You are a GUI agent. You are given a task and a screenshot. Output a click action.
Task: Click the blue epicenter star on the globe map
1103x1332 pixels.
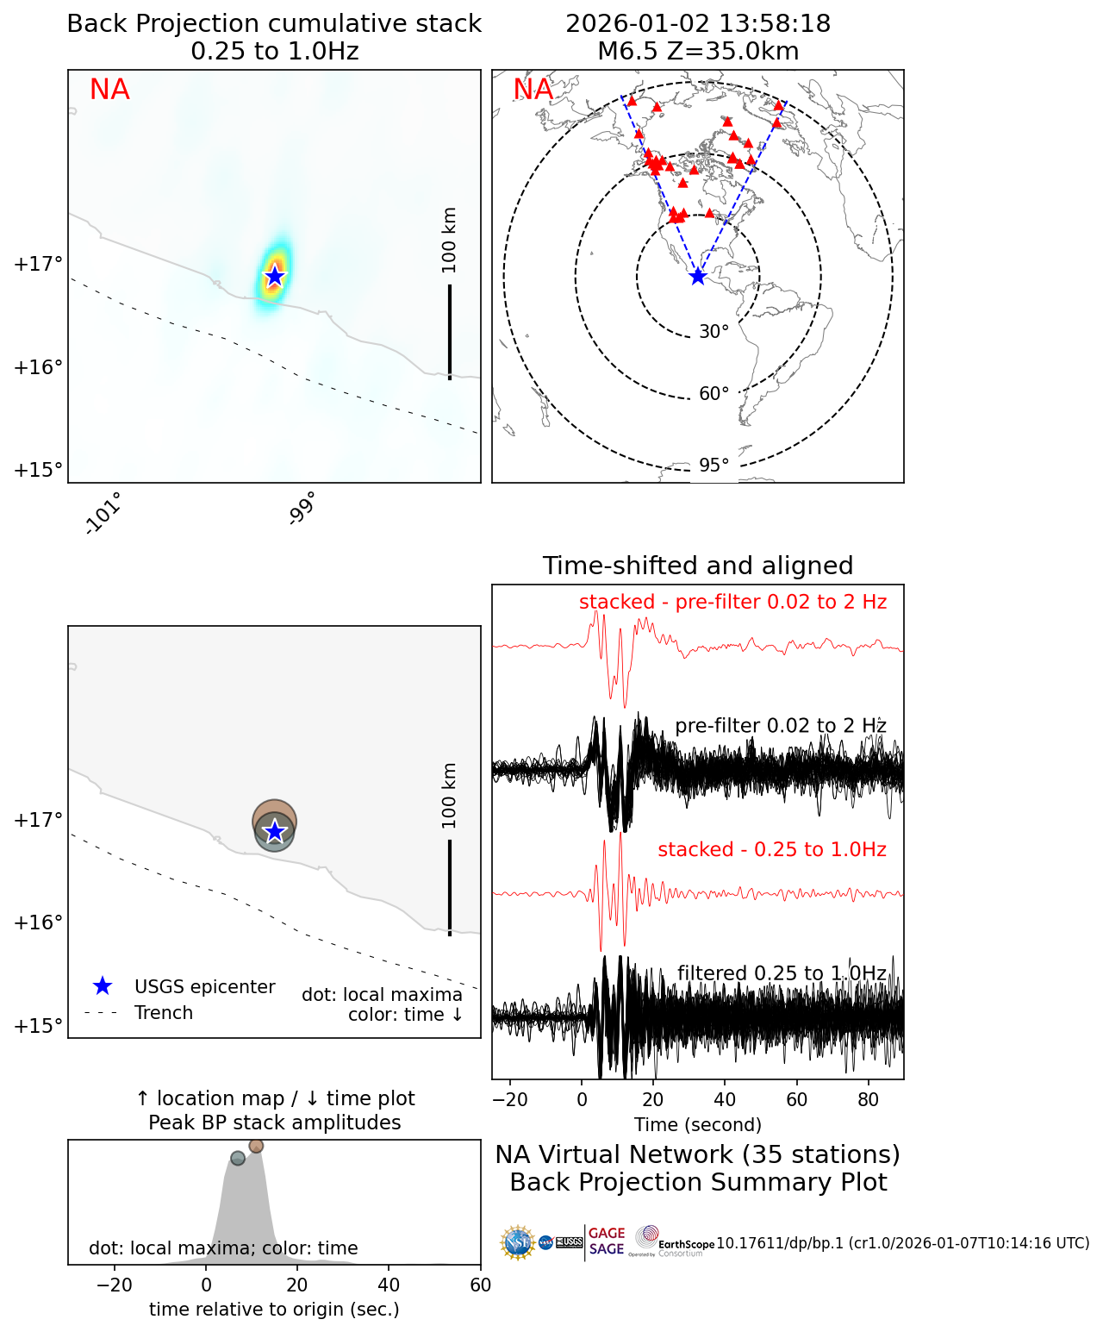[x=698, y=277]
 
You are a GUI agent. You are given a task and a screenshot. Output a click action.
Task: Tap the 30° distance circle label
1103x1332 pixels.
[x=714, y=332]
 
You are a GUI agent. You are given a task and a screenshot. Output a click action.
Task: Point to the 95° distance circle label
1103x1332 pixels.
[x=714, y=466]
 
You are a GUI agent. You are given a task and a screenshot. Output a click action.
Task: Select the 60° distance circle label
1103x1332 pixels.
[x=714, y=394]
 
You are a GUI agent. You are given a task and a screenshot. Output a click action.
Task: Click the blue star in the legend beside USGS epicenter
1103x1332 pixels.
[x=103, y=986]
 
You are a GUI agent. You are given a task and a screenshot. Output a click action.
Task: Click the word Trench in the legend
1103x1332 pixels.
[x=164, y=1013]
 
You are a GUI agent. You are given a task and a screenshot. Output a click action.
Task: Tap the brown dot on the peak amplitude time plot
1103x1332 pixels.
[x=256, y=1146]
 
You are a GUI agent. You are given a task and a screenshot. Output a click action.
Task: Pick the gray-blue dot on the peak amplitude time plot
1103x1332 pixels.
[x=238, y=1158]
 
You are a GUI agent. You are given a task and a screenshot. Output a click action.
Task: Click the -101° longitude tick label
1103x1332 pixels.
[x=104, y=513]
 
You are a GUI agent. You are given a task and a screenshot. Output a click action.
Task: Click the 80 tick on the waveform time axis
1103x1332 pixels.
[x=869, y=1099]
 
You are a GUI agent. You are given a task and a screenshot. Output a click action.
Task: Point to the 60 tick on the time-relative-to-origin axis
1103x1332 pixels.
[x=480, y=1285]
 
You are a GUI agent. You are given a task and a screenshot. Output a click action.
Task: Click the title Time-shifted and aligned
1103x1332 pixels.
[x=698, y=566]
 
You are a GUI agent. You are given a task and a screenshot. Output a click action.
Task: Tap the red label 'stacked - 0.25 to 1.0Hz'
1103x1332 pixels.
[x=772, y=849]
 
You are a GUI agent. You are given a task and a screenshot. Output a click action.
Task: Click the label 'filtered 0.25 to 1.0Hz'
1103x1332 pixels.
[x=782, y=973]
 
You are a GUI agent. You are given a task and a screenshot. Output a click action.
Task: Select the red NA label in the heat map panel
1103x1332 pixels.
[x=109, y=90]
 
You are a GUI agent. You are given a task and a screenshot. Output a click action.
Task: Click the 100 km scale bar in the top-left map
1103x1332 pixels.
[x=450, y=331]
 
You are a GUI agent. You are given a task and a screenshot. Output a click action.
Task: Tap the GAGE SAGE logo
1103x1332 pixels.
[x=607, y=1241]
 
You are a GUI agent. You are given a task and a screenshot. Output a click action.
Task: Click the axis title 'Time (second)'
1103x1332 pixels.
[x=698, y=1124]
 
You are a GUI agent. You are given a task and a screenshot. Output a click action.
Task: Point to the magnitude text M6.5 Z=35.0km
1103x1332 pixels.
[x=698, y=51]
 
